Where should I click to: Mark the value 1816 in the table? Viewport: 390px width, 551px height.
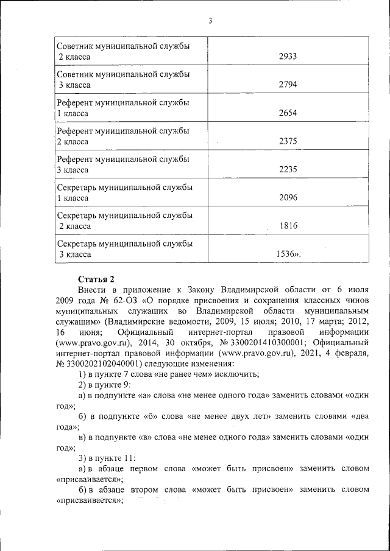pyautogui.click(x=288, y=226)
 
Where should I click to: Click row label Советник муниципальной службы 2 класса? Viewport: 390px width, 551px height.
pyautogui.click(x=122, y=52)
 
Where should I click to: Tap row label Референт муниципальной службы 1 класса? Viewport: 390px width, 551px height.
pyautogui.click(x=122, y=108)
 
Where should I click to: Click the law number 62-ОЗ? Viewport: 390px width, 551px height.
pyautogui.click(x=124, y=300)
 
